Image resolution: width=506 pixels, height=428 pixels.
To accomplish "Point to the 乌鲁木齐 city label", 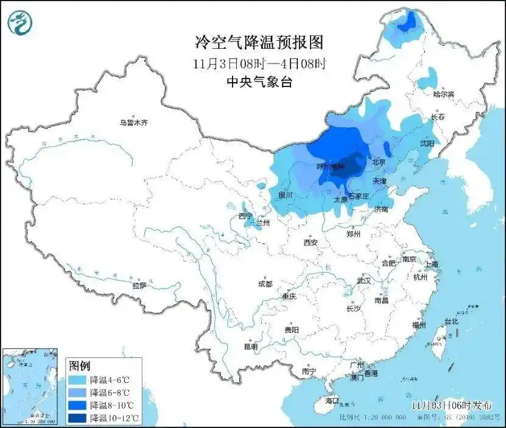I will [133, 122].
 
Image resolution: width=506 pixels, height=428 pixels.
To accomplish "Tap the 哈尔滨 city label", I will [443, 94].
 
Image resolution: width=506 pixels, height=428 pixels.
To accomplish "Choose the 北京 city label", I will [379, 162].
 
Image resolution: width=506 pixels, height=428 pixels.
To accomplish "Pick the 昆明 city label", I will [250, 346].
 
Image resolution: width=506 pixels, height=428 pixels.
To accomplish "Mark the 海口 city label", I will [331, 401].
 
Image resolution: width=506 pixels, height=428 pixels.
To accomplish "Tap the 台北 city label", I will [451, 321].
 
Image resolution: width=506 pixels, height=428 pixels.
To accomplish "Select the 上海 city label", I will [432, 264].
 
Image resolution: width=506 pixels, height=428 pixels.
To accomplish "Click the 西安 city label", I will [311, 242].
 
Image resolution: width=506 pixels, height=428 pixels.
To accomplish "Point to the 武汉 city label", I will [364, 281].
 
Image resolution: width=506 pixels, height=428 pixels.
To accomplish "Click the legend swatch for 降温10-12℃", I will [77, 418].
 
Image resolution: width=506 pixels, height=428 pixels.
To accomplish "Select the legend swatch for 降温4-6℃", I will [77, 379].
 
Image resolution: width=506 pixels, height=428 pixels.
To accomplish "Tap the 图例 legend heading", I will [79, 366].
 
